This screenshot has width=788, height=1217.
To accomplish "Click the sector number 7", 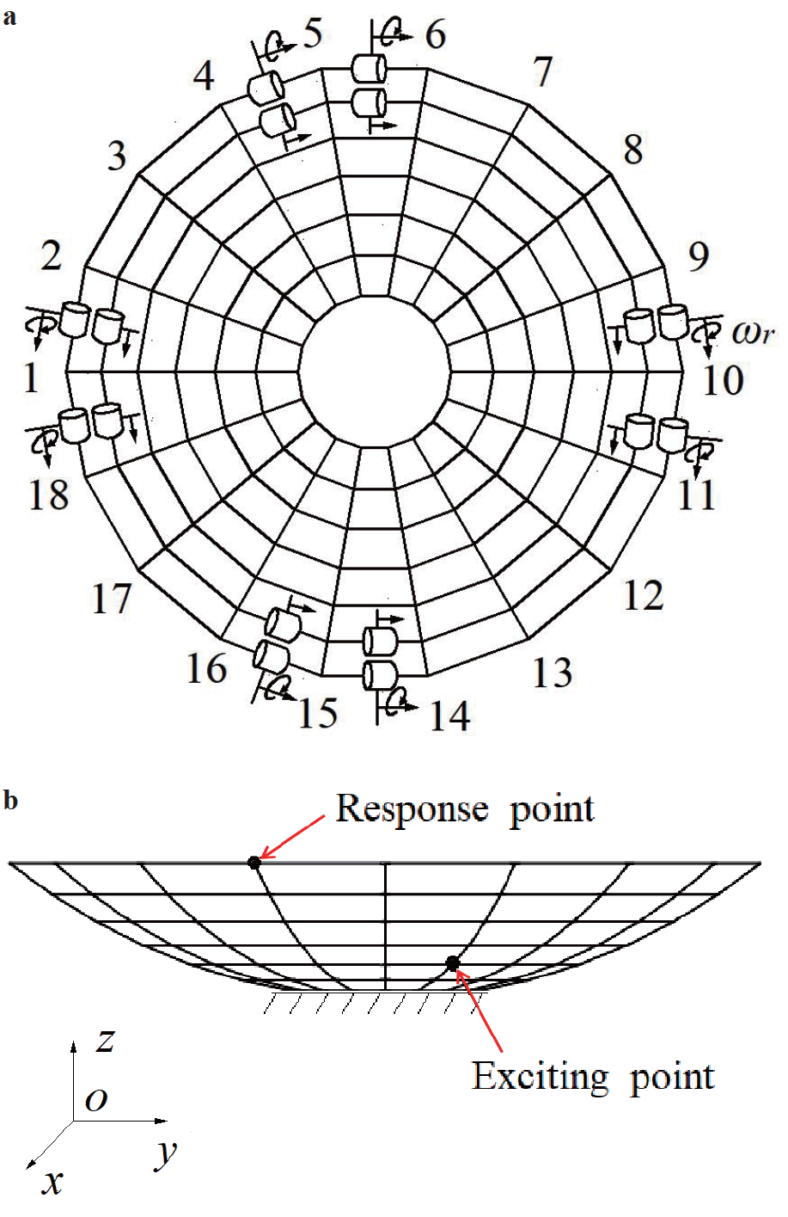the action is [x=541, y=71].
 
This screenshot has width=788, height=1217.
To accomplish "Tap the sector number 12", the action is [x=644, y=594].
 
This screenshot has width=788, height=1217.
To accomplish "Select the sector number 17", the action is [x=112, y=598].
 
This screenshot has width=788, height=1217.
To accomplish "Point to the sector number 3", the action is [x=117, y=156].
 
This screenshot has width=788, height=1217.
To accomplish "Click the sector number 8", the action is [x=632, y=150].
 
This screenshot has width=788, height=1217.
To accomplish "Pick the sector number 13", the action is [x=551, y=672].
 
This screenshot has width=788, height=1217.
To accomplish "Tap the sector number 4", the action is [x=204, y=77].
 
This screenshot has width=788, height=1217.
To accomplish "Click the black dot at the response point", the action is [x=254, y=862].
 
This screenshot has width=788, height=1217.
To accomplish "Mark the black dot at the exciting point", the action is [x=453, y=962].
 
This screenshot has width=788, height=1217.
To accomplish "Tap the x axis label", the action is [x=53, y=1183].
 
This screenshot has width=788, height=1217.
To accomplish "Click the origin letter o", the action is [x=96, y=1099].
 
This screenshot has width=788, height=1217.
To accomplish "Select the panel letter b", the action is [x=10, y=802].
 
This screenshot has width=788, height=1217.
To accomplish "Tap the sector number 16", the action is [x=206, y=668].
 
